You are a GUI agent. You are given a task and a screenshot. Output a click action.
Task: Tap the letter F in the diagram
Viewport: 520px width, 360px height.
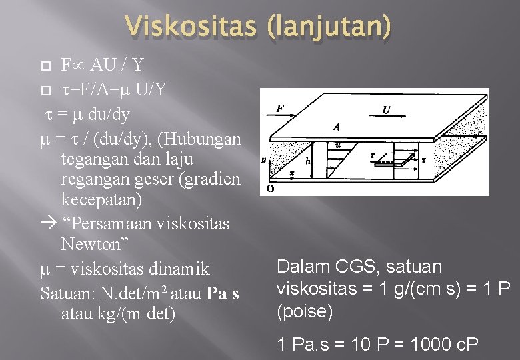tap(280, 107)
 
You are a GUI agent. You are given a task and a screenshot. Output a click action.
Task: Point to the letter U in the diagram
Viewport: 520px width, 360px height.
tap(387, 110)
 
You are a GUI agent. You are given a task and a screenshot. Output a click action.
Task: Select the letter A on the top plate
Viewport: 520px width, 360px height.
tap(337, 126)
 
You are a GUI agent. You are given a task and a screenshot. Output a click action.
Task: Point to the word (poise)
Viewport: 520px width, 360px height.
tap(304, 312)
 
